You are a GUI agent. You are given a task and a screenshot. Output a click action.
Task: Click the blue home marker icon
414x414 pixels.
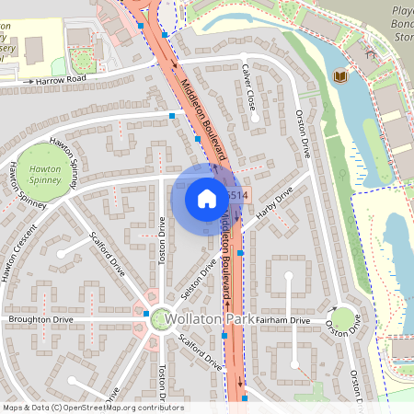[207, 198]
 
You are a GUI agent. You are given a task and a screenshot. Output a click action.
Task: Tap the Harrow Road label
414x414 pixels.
[60, 81]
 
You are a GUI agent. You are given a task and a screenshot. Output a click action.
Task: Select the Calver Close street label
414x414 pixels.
[248, 88]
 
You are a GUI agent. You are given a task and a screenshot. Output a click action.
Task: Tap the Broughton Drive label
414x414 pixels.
[40, 319]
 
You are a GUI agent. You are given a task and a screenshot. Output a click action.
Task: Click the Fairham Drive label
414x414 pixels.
[283, 320]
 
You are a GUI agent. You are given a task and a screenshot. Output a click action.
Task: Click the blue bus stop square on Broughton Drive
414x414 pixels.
[146, 314]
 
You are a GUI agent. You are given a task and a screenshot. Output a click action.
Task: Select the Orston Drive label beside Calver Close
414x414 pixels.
[301, 134]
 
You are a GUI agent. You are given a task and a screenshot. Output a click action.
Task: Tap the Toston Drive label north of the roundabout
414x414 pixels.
[162, 240]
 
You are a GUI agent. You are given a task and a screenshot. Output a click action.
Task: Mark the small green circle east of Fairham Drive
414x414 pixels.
[342, 319]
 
